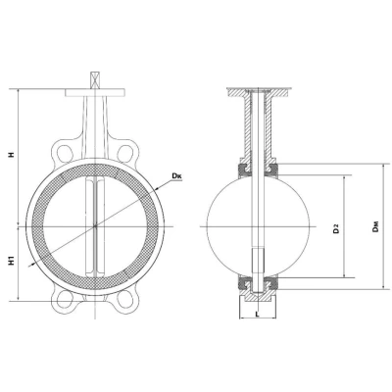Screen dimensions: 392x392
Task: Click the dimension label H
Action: click(x=12, y=155)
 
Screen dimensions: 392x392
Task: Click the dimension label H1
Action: click(x=12, y=262)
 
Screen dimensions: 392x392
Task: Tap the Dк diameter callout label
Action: click(x=177, y=176)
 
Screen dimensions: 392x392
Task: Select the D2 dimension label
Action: click(x=335, y=229)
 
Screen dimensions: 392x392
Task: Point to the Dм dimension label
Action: click(x=375, y=226)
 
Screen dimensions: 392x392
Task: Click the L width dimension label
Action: click(x=258, y=315)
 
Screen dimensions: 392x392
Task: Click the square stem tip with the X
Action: click(x=95, y=80)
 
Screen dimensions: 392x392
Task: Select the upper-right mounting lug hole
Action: click(x=124, y=153)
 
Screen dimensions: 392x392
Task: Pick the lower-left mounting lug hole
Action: click(x=65, y=298)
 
